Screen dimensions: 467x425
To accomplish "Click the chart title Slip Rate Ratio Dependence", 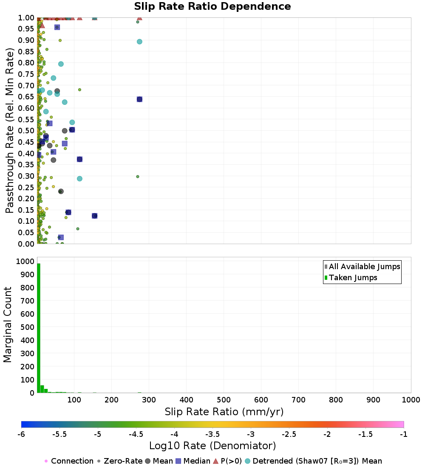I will (x=212, y=7).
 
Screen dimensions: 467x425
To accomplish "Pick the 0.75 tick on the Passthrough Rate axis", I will (x=26, y=74).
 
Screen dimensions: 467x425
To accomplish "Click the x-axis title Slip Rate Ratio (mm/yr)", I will (x=224, y=411).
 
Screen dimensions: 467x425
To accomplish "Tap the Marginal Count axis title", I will (x=8, y=325).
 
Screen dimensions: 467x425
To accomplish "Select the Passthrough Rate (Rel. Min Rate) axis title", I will (x=10, y=131).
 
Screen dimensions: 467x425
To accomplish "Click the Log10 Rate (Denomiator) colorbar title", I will (x=212, y=445).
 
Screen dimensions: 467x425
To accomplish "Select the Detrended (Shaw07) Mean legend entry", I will (x=317, y=461).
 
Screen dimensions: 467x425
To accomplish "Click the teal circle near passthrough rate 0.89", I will (x=139, y=42).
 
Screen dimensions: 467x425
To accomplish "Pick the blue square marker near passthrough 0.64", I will (x=139, y=99).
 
